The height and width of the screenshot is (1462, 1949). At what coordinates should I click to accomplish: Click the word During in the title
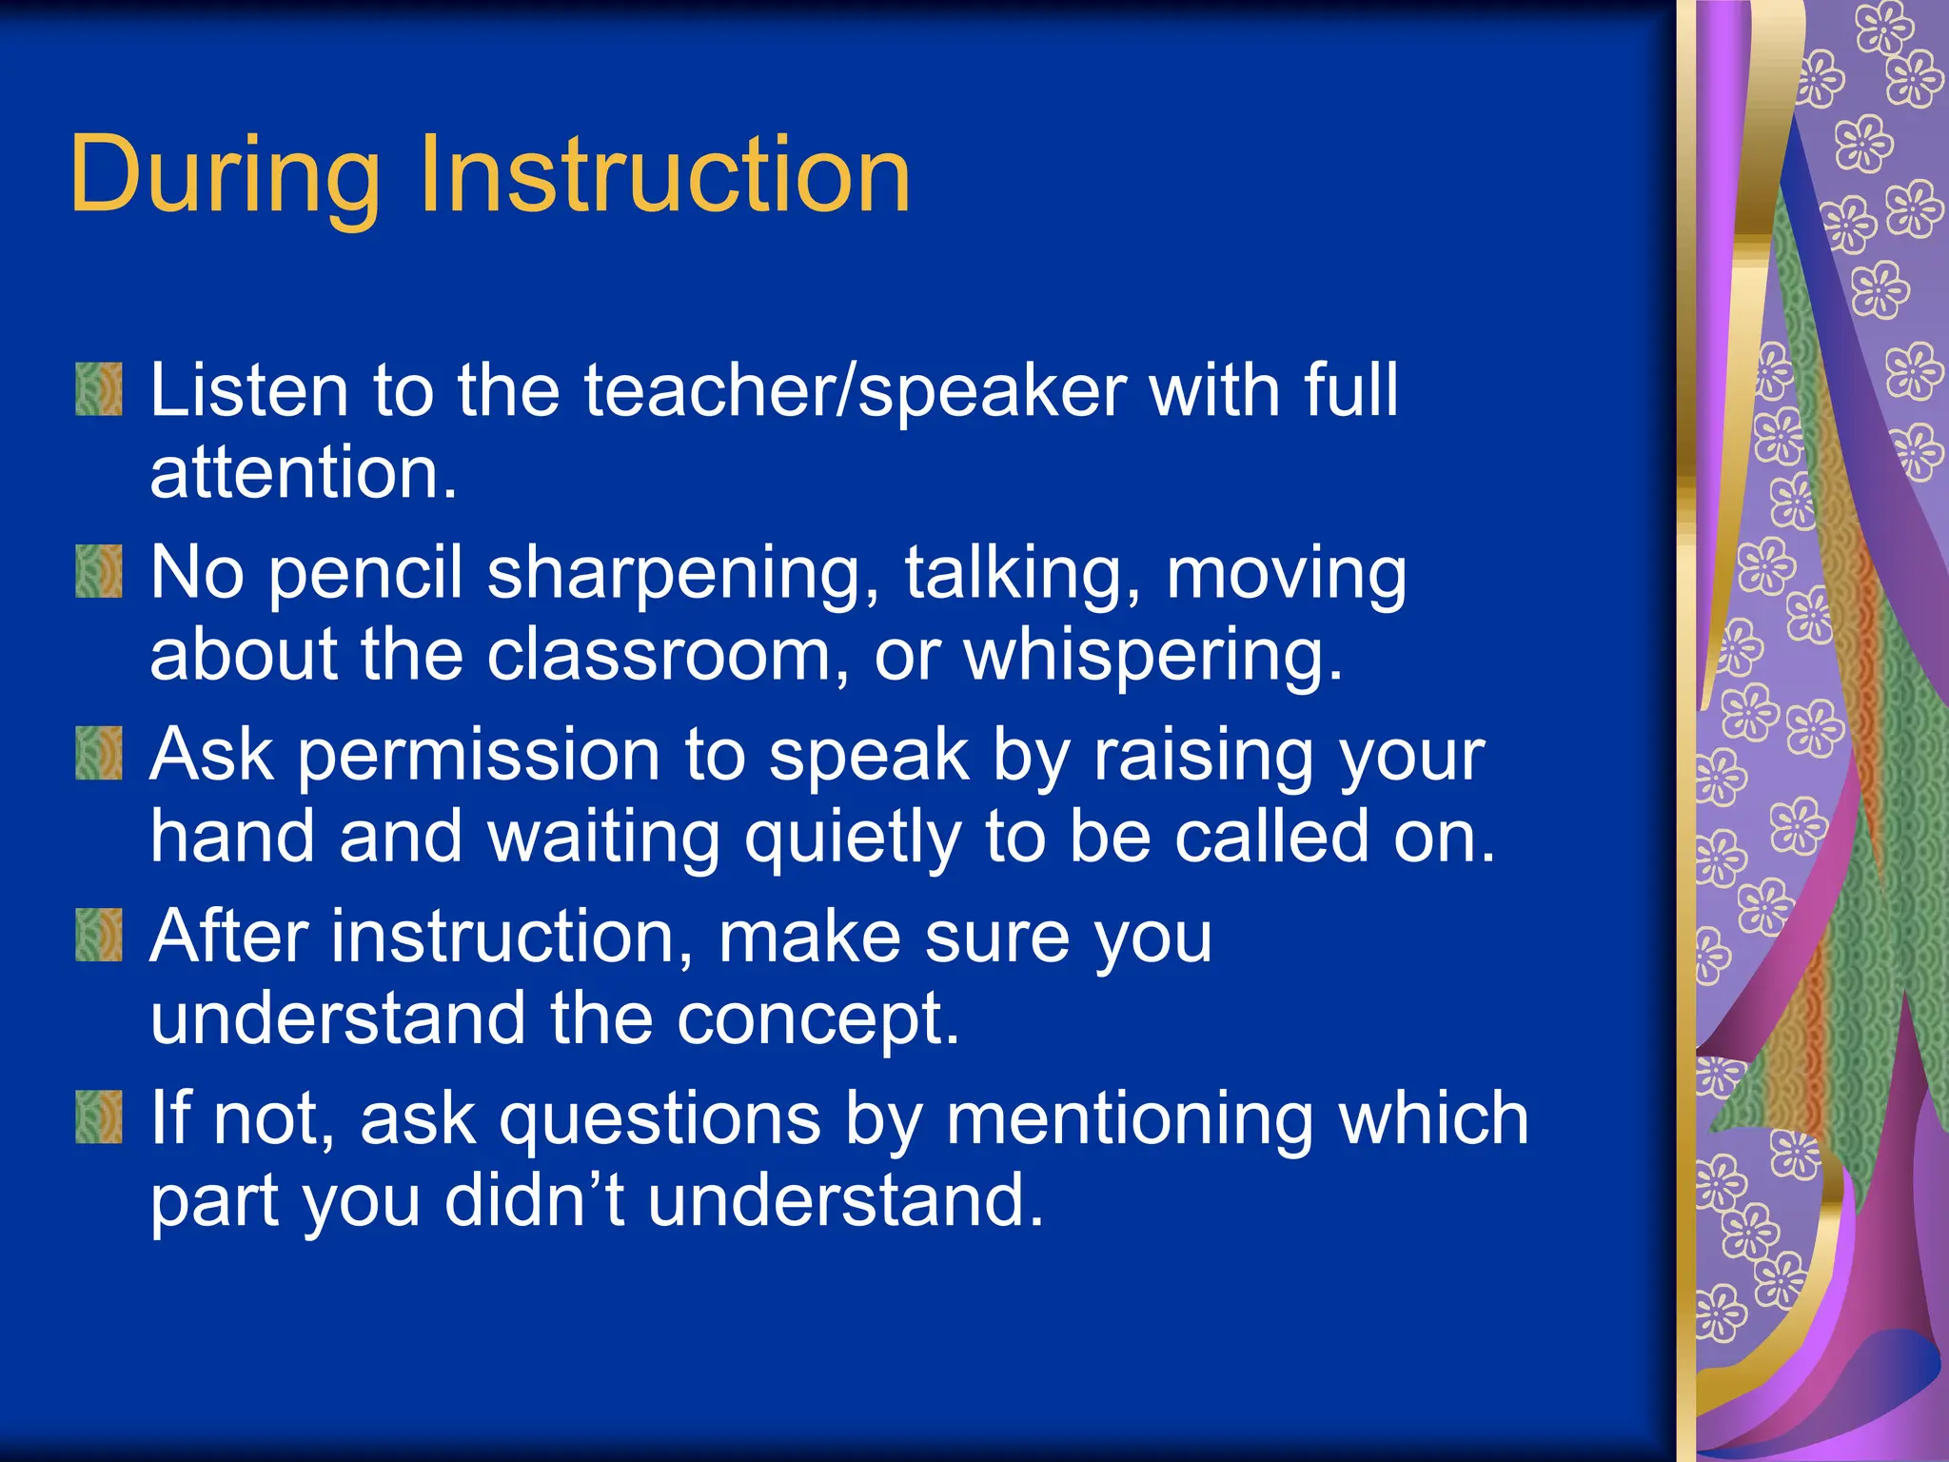(225, 176)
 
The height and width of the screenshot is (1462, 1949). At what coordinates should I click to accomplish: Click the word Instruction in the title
(663, 176)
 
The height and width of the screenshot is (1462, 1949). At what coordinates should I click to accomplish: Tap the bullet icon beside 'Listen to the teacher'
(99, 389)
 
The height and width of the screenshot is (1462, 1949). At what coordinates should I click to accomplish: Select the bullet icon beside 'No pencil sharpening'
(99, 571)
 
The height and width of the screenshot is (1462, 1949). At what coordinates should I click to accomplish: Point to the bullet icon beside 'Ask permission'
(99, 753)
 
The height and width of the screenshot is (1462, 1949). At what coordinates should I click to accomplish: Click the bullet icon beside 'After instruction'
(99, 935)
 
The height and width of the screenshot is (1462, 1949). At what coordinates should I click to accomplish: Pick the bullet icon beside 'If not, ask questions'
(99, 1116)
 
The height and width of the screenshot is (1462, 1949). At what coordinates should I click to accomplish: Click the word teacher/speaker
(855, 389)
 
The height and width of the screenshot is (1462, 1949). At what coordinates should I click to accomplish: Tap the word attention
(303, 473)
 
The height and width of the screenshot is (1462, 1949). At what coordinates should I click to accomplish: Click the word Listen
(249, 389)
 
